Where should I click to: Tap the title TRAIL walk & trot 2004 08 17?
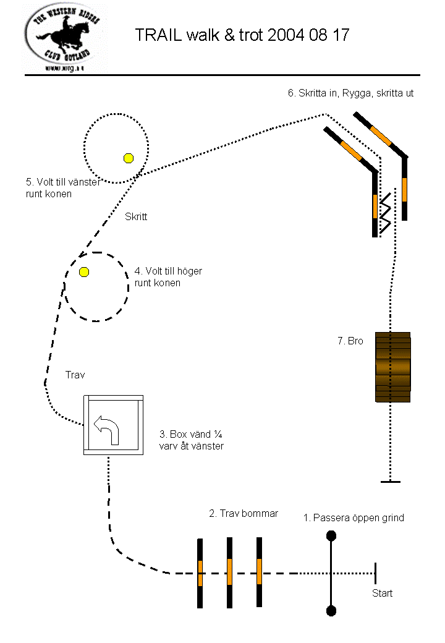[x=242, y=35]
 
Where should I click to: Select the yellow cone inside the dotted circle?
[x=129, y=158]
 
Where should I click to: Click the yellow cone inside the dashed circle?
[x=84, y=271]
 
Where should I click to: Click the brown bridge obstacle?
[x=393, y=367]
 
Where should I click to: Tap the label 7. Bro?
[x=350, y=341]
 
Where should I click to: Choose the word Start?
[x=382, y=594]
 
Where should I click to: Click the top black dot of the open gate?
[x=331, y=535]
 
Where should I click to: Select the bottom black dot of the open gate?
[x=331, y=611]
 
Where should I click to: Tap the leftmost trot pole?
[x=200, y=573]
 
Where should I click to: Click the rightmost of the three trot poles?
[x=259, y=572]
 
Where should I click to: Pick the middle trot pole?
[x=229, y=573]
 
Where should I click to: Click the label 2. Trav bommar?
[x=244, y=513]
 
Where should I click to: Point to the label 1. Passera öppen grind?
[x=354, y=517]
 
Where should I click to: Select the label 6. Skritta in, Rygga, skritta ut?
[x=350, y=93]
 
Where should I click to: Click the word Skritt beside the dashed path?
[x=136, y=216]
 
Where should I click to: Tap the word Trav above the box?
[x=75, y=375]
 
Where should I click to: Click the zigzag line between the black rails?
[x=387, y=213]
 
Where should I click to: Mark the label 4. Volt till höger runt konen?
[x=168, y=277]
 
